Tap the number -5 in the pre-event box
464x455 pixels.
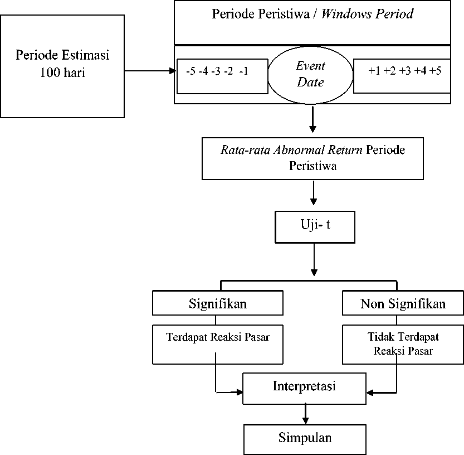191,71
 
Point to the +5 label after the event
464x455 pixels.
435,71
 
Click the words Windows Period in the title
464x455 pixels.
367,14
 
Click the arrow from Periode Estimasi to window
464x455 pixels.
150,71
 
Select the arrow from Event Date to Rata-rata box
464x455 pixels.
312,119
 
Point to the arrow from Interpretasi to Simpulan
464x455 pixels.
305,414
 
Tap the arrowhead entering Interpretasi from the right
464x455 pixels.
370,393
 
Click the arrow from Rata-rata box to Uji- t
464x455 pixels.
314,192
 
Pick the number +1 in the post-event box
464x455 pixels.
374,71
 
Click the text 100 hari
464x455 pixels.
62,72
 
